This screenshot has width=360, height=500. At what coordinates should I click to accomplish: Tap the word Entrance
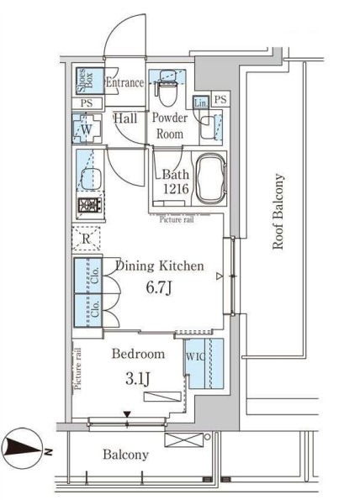[x=125, y=82]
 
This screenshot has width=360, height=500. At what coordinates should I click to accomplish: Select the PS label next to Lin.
[x=220, y=100]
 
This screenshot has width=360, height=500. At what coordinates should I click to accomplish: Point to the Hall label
[x=126, y=119]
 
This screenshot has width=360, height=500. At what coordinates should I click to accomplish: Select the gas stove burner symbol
[x=87, y=204]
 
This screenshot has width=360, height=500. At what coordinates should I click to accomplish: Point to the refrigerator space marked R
[x=87, y=239]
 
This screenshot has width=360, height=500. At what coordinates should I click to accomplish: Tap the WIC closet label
[x=194, y=356]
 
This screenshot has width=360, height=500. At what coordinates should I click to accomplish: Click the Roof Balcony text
[x=278, y=213]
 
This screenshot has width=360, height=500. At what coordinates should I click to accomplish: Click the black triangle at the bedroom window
[x=127, y=413]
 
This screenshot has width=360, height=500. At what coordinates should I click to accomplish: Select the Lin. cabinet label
[x=201, y=103]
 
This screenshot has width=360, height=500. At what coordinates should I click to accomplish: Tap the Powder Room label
[x=168, y=126]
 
